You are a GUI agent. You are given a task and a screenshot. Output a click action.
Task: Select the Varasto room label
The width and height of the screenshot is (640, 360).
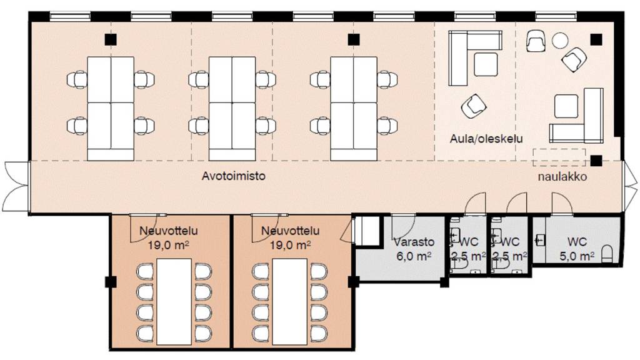pos(409,242)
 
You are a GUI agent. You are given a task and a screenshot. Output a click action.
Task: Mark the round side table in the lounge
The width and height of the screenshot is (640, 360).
pos(561,41)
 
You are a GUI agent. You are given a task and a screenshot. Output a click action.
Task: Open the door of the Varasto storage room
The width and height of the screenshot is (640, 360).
pos(403,222)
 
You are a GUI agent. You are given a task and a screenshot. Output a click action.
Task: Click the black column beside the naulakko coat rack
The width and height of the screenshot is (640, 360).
pos(597,159)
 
